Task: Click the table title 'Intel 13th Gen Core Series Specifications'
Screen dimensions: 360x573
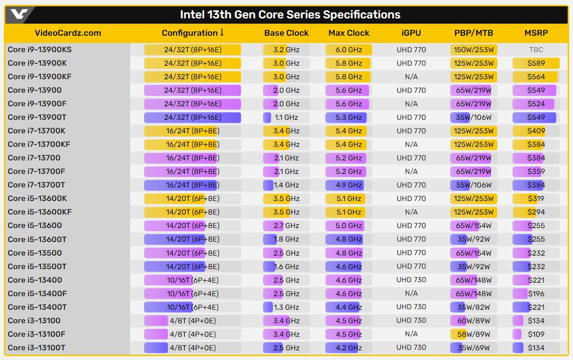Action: click(x=290, y=14)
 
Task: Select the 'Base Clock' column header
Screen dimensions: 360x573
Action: click(x=286, y=33)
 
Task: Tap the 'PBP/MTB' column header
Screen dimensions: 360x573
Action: click(x=473, y=33)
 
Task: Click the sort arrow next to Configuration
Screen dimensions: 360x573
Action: click(x=222, y=32)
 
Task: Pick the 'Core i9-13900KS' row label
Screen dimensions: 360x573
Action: click(x=40, y=49)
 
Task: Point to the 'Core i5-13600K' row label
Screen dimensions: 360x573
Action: click(x=37, y=198)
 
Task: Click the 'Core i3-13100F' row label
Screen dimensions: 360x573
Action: click(x=36, y=334)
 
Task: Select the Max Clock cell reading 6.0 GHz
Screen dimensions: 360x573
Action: click(x=348, y=49)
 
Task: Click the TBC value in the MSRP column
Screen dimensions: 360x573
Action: click(x=536, y=49)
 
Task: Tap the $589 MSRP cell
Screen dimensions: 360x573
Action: click(x=536, y=63)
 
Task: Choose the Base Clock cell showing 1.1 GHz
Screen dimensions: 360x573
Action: click(x=286, y=117)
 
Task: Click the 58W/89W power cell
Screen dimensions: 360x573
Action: click(x=473, y=334)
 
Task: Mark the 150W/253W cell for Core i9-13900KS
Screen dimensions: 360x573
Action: click(x=473, y=49)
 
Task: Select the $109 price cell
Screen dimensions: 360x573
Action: click(x=536, y=334)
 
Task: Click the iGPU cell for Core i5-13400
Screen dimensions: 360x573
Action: click(x=411, y=280)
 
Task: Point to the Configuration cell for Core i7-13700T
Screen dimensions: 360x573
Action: click(x=192, y=185)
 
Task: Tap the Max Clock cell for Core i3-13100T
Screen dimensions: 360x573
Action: click(x=348, y=347)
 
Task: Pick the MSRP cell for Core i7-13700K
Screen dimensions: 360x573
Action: click(x=536, y=130)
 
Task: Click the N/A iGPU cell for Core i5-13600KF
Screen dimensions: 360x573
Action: click(x=411, y=212)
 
